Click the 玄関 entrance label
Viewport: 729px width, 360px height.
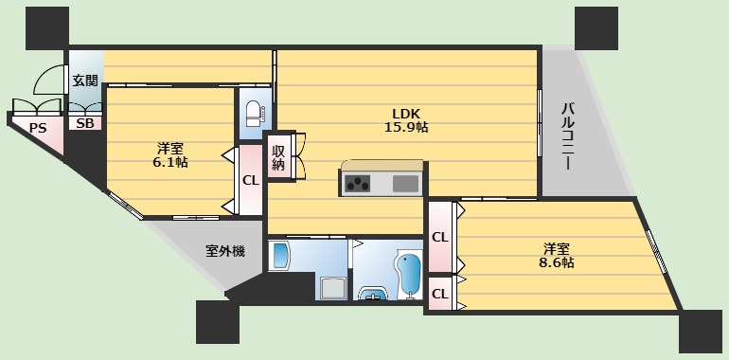click(x=85, y=81)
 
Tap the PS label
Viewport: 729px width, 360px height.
click(x=38, y=128)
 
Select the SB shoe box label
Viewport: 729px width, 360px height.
click(x=85, y=123)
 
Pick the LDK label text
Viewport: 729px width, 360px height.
click(x=406, y=111)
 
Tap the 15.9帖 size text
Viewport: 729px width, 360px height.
click(x=406, y=126)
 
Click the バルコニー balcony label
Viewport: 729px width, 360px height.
click(x=567, y=136)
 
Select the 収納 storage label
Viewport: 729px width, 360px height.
click(x=278, y=157)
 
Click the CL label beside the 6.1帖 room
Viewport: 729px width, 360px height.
click(x=250, y=180)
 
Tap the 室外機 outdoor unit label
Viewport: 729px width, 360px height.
click(x=225, y=251)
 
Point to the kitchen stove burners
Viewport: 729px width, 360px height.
click(x=359, y=184)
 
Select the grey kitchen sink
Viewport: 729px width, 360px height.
click(x=405, y=184)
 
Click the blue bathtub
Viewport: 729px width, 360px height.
click(x=409, y=273)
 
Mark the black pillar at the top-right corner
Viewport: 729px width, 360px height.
click(x=596, y=27)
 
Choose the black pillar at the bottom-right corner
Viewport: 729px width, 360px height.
click(x=700, y=331)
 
